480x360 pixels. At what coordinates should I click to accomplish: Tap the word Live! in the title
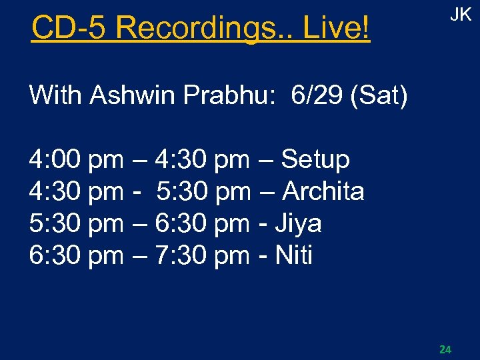click(336, 28)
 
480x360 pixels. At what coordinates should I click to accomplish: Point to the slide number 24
click(445, 349)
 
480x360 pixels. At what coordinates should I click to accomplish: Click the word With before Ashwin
click(56, 95)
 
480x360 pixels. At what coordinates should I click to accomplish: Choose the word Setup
click(315, 159)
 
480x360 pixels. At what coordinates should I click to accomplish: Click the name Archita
click(323, 191)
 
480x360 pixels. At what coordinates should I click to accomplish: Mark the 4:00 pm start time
click(76, 159)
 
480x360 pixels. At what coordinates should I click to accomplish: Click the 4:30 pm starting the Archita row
click(76, 191)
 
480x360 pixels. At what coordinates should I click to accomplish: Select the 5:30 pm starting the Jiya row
click(76, 223)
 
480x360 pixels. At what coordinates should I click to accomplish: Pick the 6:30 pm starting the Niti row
click(76, 255)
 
